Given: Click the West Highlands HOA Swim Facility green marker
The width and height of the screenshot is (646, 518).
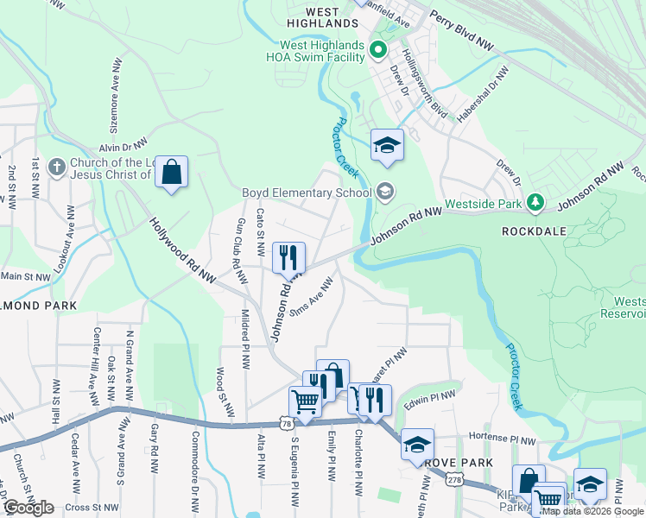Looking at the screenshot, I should click(x=377, y=47).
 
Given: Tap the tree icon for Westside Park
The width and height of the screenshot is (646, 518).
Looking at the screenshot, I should click(x=536, y=202).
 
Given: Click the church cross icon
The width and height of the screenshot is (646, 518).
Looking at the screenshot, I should click(x=57, y=167).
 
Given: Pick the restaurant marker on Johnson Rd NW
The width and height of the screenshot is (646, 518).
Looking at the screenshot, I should click(x=288, y=257).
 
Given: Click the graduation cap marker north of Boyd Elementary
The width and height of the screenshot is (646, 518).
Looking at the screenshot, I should click(x=388, y=145).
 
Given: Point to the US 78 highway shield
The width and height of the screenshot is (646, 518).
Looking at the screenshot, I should click(x=285, y=422).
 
